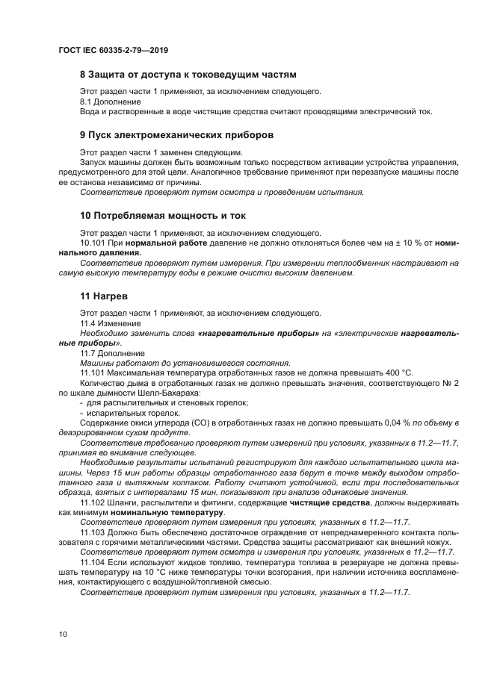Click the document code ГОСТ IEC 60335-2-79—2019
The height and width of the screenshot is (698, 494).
tap(112, 50)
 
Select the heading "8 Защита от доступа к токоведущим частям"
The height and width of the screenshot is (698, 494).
tap(188, 75)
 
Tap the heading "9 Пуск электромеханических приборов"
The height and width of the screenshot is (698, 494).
tap(176, 135)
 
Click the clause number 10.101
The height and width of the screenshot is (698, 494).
tap(93, 243)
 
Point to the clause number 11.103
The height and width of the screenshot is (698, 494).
tap(93, 532)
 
